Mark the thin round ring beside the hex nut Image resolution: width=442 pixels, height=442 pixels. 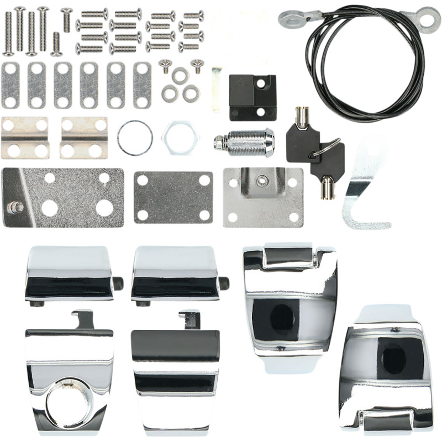pos(135,138)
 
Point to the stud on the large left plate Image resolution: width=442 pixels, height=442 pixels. pos(15,207)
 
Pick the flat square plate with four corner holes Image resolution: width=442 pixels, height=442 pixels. pos(173,197)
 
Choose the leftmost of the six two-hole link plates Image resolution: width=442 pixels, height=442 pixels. pos(10,85)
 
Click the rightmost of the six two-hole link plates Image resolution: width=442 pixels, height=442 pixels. pos(142,85)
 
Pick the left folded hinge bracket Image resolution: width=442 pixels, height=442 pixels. pos(25,138)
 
